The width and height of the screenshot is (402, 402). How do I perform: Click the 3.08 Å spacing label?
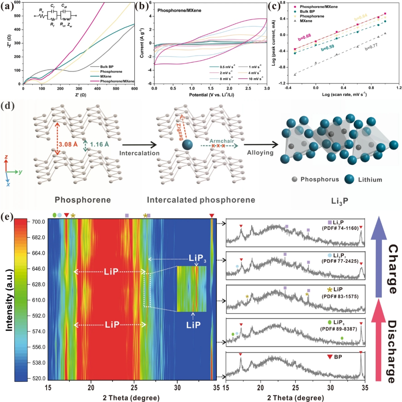pos(68,142)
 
